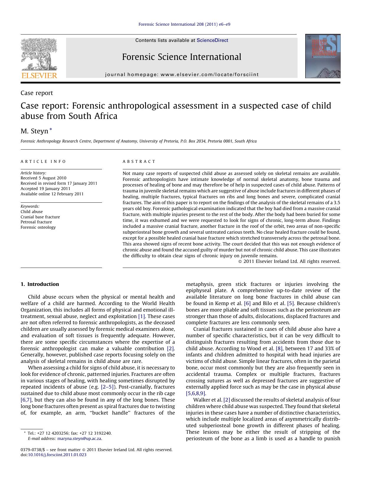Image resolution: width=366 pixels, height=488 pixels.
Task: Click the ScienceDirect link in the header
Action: pyautogui.click(x=212, y=40)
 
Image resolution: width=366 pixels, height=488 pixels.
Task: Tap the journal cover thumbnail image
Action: pyautogui.click(x=323, y=56)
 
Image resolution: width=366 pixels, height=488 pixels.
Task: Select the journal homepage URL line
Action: pyautogui.click(x=182, y=75)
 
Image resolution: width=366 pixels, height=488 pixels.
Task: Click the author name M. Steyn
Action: pyautogui.click(x=34, y=131)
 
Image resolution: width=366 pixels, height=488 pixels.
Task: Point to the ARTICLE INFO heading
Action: pyautogui.click(x=43, y=162)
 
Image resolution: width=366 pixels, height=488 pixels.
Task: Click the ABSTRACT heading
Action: pyautogui.click(x=139, y=162)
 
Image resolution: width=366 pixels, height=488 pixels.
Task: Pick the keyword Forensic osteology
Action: pyautogui.click(x=38, y=227)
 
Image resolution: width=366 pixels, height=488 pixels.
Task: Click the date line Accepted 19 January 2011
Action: pyautogui.click(x=45, y=189)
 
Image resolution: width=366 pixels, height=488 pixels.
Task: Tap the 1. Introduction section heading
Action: pyautogui.click(x=40, y=284)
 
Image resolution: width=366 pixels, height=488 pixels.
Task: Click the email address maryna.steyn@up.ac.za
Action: pyautogui.click(x=79, y=438)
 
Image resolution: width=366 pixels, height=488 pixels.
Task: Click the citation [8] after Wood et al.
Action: pyautogui.click(x=279, y=348)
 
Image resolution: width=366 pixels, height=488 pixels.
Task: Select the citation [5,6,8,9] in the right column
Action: pyautogui.click(x=196, y=393)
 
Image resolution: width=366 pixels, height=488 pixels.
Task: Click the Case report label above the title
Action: pyautogui.click(x=37, y=93)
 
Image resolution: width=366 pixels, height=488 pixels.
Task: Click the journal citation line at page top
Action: pyautogui.click(x=184, y=24)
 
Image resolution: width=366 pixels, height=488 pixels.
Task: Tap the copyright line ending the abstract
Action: pyautogui.click(x=289, y=261)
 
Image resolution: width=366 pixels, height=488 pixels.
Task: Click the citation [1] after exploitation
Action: pyautogui.click(x=142, y=316)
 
